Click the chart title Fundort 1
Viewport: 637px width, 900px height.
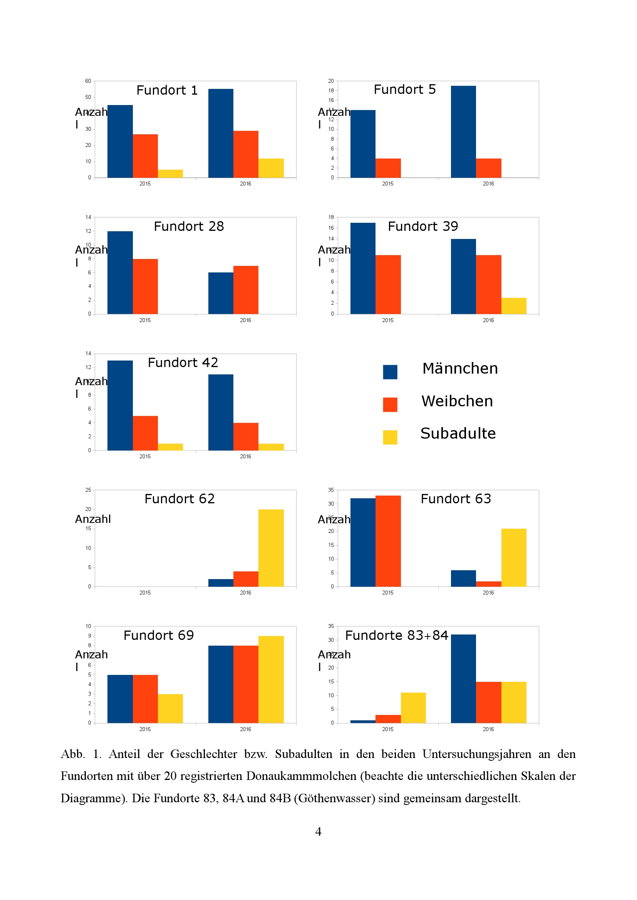[167, 90]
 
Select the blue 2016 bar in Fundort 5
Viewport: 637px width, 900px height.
[463, 132]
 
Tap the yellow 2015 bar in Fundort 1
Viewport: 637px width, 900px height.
[170, 174]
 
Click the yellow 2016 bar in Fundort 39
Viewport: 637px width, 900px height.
[513, 306]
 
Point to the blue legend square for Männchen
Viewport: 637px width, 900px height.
[390, 372]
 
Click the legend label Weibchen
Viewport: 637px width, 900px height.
[457, 401]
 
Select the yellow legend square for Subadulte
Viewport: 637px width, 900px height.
[390, 437]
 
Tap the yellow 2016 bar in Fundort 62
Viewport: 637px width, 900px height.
[271, 548]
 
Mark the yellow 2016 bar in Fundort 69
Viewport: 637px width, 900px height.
[271, 679]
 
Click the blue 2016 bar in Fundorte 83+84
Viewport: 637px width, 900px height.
[463, 678]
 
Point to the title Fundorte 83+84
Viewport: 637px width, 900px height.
[397, 635]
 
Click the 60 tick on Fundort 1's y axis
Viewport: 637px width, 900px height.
[88, 81]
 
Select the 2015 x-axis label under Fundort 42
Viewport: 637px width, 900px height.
[145, 456]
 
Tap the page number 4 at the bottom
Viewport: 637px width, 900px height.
[318, 832]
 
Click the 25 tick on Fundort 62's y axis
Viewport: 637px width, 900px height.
[88, 490]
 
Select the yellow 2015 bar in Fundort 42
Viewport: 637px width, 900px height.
[170, 447]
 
